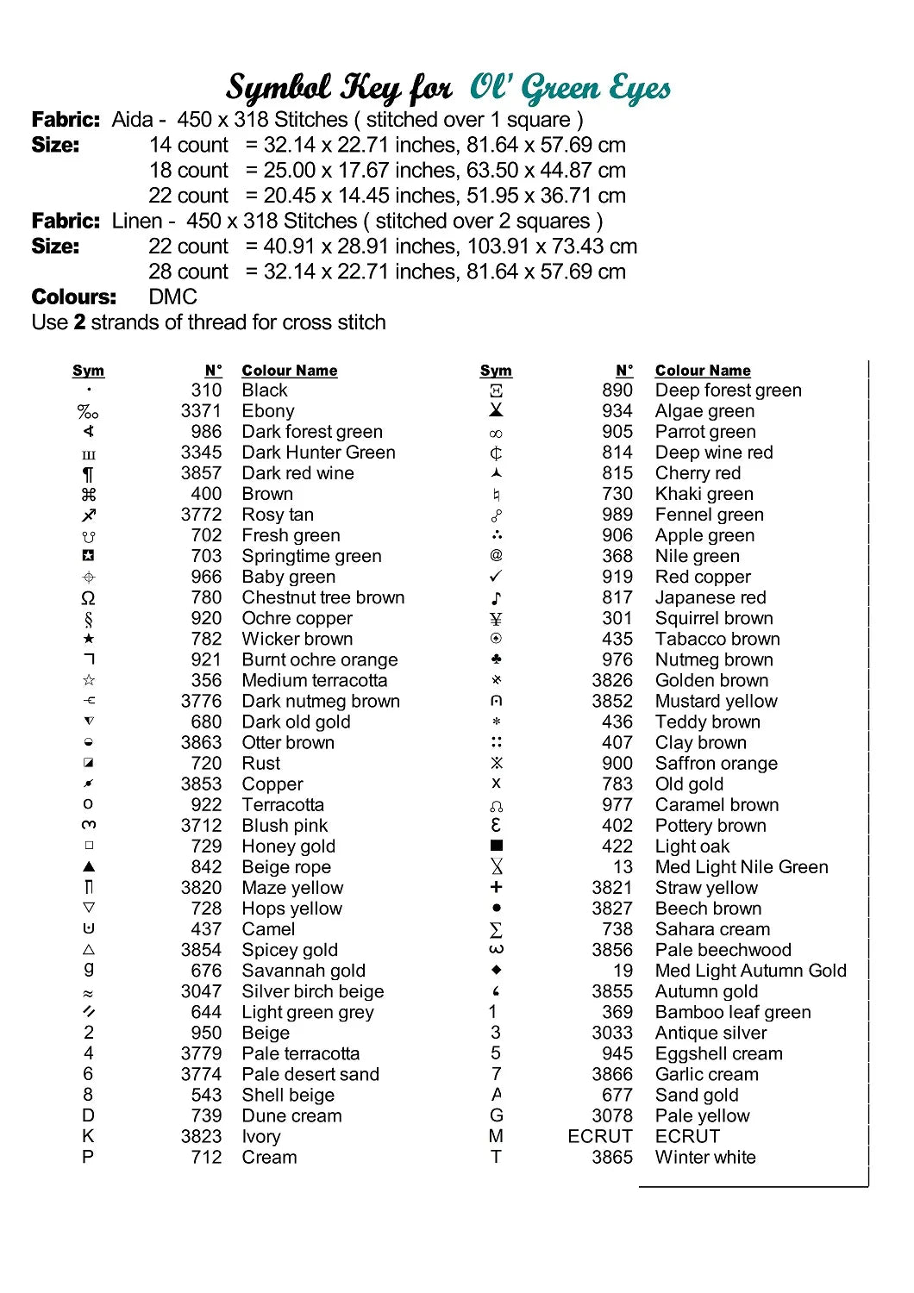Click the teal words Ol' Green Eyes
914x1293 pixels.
(x=570, y=88)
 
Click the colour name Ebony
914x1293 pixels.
(x=268, y=411)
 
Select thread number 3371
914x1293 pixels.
(x=201, y=411)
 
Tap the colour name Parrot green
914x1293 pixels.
(x=705, y=432)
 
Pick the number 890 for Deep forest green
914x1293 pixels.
(x=617, y=390)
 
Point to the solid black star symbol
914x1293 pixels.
(x=88, y=639)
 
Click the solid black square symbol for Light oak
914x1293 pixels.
(x=496, y=846)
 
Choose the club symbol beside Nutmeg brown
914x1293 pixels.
(x=496, y=659)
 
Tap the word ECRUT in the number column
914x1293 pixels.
(x=600, y=1136)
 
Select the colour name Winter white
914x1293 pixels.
(x=705, y=1157)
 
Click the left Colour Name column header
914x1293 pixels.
(x=290, y=371)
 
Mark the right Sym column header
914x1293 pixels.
(x=496, y=371)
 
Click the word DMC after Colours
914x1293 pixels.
(x=173, y=297)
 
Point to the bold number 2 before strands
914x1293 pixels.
(x=80, y=322)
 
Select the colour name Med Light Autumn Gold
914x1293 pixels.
(x=750, y=971)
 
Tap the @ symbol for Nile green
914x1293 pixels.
(x=496, y=556)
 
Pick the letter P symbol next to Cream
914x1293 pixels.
(x=88, y=1157)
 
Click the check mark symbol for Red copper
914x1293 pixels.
(x=496, y=576)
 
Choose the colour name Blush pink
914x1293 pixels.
(x=285, y=826)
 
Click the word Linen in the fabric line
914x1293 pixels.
(x=137, y=222)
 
